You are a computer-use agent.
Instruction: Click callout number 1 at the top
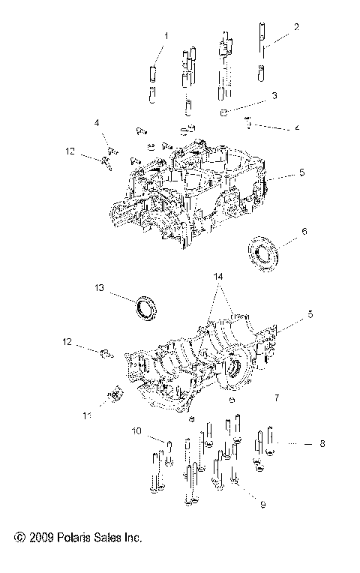tap(166, 35)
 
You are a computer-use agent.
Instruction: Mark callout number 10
tap(136, 430)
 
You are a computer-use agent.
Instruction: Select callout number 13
tap(99, 287)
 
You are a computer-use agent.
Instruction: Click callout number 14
tap(219, 277)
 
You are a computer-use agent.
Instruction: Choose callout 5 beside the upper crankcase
tap(301, 172)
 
